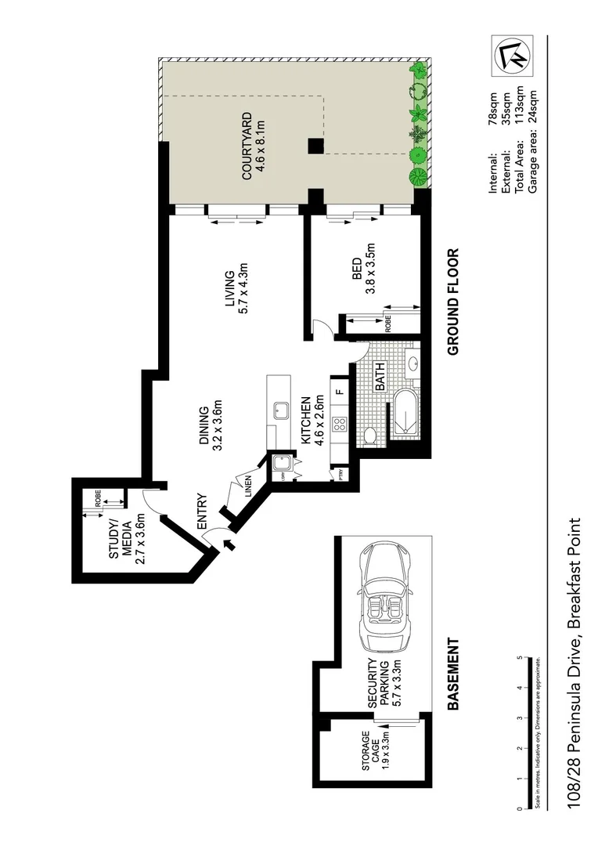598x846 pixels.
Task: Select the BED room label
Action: [x=357, y=270]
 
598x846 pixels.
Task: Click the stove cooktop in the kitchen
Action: [x=340, y=425]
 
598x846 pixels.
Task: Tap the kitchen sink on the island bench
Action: [x=277, y=410]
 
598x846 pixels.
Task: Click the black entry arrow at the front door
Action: [x=229, y=545]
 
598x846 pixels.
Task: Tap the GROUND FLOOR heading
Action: [x=453, y=302]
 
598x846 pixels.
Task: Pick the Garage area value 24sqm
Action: [x=532, y=106]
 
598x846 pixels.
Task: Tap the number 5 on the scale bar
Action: [x=521, y=659]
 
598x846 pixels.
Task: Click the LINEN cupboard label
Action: [x=248, y=486]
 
